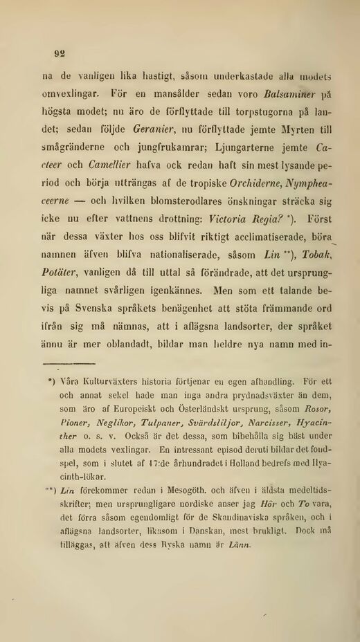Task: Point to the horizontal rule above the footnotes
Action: click(x=69, y=363)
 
